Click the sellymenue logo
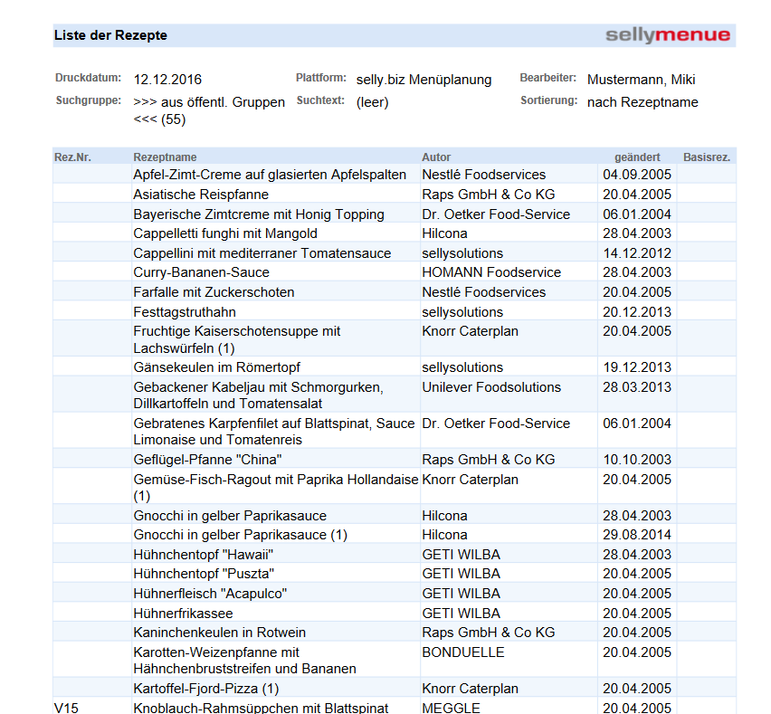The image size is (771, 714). pos(668,35)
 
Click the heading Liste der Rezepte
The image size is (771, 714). pos(110,35)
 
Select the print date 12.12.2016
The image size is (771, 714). pos(167,80)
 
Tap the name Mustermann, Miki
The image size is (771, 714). pos(641,80)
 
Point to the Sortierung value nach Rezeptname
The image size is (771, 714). pos(642,102)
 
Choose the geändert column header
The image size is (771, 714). pos(637,157)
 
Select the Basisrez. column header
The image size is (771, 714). pos(707,157)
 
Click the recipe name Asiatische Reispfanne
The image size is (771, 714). pos(201,195)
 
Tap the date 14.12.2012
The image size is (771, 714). pos(637,253)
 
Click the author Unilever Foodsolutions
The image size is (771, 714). pos(491,387)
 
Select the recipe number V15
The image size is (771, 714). pos(66,708)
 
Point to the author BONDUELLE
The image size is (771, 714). pos(463,652)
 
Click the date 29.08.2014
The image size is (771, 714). pos(637,535)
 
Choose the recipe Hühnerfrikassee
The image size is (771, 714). pos(184,614)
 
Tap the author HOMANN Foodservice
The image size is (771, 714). pos(491,272)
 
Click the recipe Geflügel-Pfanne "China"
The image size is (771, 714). pos(207,460)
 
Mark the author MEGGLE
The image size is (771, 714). pos(451,708)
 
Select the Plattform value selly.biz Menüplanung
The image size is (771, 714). pos(424,80)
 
